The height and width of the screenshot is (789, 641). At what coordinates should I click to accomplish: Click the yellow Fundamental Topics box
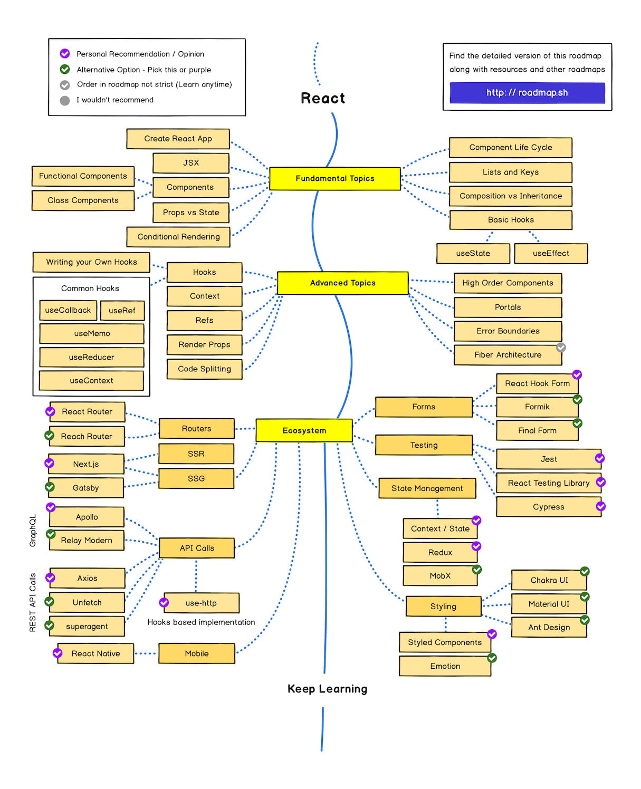tap(335, 179)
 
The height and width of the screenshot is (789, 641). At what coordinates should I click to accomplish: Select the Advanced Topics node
tap(343, 283)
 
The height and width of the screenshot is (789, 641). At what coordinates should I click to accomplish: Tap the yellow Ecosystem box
tap(304, 430)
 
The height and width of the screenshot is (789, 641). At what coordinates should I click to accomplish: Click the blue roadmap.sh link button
tap(527, 93)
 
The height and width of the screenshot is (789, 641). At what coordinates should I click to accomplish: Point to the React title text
tap(323, 99)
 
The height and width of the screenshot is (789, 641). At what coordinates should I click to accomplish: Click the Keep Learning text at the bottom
tap(327, 689)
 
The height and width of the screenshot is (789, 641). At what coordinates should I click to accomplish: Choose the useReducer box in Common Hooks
tap(91, 357)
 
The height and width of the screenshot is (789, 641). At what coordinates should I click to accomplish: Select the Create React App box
tap(178, 139)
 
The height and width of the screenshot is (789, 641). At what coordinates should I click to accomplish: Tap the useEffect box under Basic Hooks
tap(551, 253)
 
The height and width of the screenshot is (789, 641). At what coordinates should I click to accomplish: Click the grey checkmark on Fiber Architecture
tap(561, 347)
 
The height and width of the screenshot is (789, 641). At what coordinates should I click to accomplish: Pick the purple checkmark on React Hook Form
tap(577, 374)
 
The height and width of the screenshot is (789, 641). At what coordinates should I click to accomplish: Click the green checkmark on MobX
tap(477, 569)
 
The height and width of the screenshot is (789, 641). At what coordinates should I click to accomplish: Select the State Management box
tap(427, 488)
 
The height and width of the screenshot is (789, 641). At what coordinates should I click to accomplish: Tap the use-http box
tap(201, 603)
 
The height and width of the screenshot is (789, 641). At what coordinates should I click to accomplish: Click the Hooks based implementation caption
tap(201, 622)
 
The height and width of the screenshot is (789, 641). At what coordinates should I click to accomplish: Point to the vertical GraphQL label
tap(33, 530)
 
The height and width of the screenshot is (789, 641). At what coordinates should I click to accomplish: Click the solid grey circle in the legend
tap(65, 101)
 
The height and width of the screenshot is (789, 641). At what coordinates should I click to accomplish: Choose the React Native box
tap(95, 653)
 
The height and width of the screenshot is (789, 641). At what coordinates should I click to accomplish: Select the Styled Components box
tap(445, 642)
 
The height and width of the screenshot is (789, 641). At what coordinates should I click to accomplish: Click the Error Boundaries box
tap(508, 331)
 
